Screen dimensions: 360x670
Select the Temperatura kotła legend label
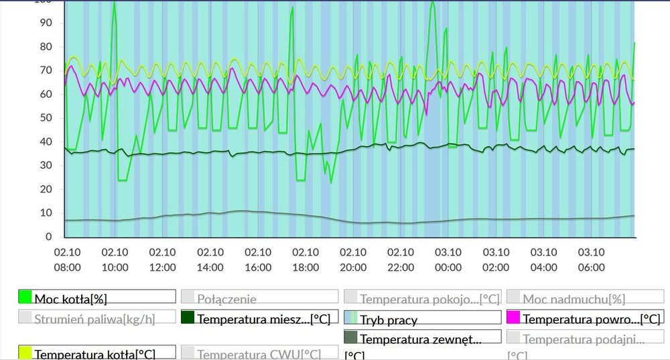point(95,353)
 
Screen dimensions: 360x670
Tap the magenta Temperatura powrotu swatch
point(513,318)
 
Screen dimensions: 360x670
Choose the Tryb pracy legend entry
point(389,319)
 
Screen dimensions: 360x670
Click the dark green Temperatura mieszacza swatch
point(188,318)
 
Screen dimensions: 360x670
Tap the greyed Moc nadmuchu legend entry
point(564,298)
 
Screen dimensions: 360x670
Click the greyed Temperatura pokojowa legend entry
point(429,298)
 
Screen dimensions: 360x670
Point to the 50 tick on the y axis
point(46,118)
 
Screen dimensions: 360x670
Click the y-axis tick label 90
point(46,23)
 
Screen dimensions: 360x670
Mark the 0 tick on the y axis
point(48,237)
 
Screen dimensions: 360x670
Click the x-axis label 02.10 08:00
point(67,259)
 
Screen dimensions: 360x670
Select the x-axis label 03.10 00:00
point(448,259)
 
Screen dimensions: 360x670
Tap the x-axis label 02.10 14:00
point(210,259)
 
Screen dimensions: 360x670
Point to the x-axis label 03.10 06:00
point(591,259)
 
